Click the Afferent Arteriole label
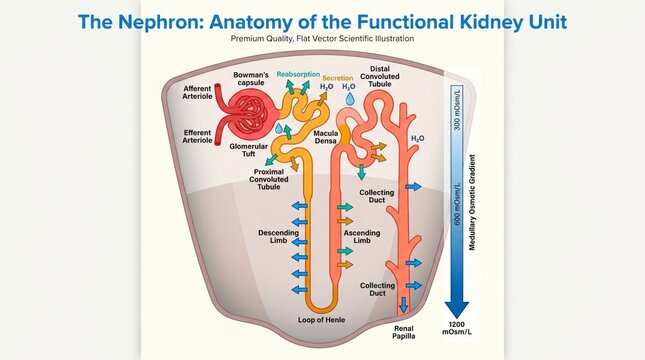[x=197, y=93]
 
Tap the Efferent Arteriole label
[x=197, y=137]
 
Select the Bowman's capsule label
[x=251, y=79]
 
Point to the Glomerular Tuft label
[x=248, y=150]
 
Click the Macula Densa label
[x=326, y=137]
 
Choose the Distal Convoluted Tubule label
[x=380, y=77]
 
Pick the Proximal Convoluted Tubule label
[x=269, y=179]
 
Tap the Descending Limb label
[x=278, y=237]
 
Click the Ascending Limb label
[x=362, y=237]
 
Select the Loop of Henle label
[x=322, y=320]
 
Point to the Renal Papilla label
[x=404, y=332]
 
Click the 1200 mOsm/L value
[x=457, y=328]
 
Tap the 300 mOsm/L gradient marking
[x=457, y=109]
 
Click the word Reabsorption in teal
[x=298, y=74]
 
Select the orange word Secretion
[x=338, y=78]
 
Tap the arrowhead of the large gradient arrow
[x=457, y=310]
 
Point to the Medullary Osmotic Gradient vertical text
[x=472, y=202]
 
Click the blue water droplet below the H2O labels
[x=350, y=99]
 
